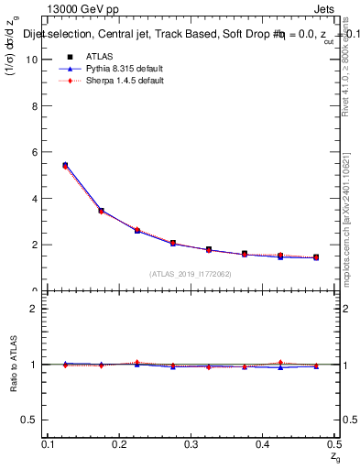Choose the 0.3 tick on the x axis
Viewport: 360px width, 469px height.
coord(191,444)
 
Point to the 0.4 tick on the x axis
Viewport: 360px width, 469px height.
coord(262,444)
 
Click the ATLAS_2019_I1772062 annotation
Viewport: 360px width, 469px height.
coord(190,274)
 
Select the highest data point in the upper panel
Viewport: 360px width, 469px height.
coord(65,166)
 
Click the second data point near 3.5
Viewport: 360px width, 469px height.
coord(101,211)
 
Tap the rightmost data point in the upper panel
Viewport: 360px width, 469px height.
coord(316,257)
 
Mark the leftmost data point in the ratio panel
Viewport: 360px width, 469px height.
coord(65,364)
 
